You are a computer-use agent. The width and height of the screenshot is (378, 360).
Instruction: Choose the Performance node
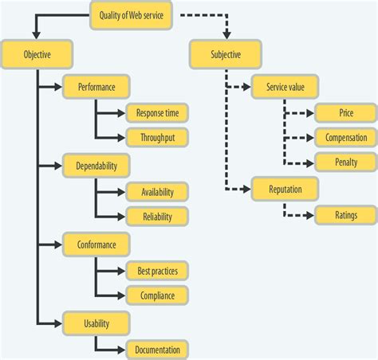(96, 86)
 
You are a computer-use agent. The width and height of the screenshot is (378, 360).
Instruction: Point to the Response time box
(157, 112)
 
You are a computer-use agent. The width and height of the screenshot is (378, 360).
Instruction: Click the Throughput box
(157, 137)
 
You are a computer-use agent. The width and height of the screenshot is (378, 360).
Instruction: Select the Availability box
(157, 191)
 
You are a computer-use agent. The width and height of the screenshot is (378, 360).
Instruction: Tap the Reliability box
(157, 216)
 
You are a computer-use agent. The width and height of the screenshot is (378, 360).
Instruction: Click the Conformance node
(96, 244)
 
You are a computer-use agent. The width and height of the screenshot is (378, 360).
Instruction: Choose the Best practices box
(157, 270)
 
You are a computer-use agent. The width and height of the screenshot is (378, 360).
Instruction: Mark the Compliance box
(157, 295)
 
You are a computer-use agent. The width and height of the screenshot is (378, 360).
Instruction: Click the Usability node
(96, 323)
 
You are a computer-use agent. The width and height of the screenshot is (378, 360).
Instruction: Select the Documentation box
(157, 349)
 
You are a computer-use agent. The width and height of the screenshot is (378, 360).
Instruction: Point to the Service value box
(285, 86)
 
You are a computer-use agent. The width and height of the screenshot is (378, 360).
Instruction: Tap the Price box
(346, 112)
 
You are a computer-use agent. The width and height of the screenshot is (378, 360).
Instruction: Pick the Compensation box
(346, 137)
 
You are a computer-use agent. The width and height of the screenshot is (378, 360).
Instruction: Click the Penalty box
(346, 162)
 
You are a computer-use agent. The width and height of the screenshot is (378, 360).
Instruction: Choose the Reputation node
(285, 188)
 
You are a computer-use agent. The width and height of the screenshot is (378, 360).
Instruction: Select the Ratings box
(346, 214)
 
